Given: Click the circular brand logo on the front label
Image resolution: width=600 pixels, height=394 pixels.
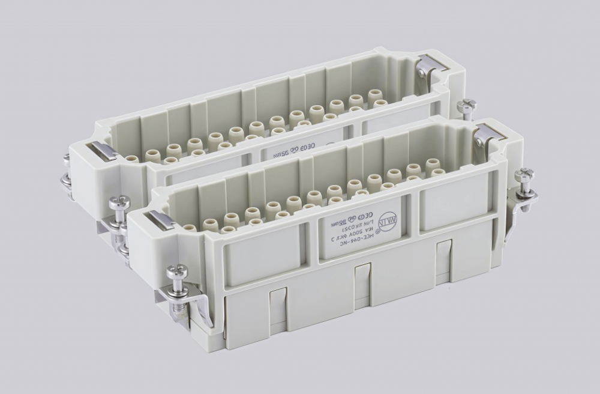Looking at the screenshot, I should [x=387, y=222].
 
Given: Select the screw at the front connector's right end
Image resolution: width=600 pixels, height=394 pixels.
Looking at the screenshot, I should [x=524, y=175].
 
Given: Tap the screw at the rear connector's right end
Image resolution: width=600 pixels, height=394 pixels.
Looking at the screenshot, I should [x=466, y=106].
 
